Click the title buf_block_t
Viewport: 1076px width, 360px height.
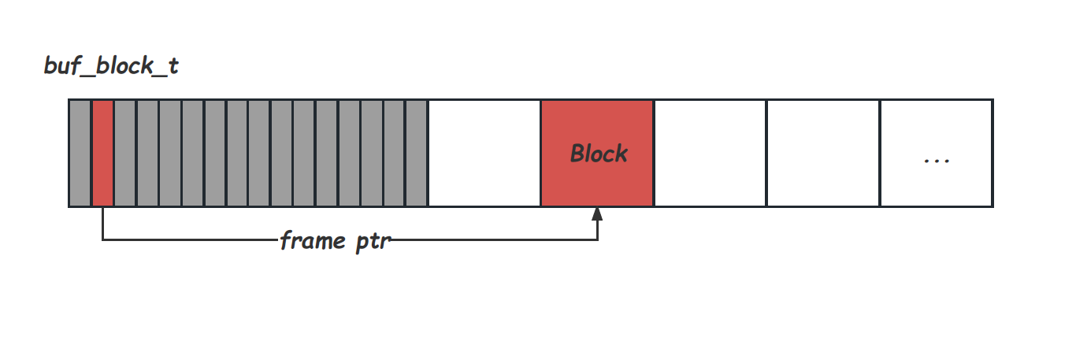click(x=111, y=66)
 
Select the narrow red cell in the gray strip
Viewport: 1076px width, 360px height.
click(x=103, y=153)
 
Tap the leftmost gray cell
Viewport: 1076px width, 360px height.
click(x=80, y=153)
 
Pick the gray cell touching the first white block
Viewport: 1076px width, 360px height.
click(x=416, y=153)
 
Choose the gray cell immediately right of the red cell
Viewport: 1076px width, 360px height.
click(x=125, y=153)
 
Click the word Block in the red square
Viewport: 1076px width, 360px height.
click(x=599, y=153)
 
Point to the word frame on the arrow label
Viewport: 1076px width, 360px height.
click(x=311, y=240)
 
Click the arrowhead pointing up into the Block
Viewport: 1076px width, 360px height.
click(x=597, y=213)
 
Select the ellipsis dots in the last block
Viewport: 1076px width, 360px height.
click(x=936, y=160)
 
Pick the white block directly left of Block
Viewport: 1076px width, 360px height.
click(x=484, y=153)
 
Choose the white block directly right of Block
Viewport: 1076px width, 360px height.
click(x=710, y=153)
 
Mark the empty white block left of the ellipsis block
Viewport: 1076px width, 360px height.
click(x=822, y=153)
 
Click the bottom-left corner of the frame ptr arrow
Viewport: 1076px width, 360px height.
click(x=103, y=239)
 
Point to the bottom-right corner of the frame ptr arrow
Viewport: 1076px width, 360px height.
click(x=597, y=239)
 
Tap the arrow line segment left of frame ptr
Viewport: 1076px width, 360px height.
click(x=189, y=239)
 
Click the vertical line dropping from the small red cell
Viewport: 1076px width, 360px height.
click(x=103, y=224)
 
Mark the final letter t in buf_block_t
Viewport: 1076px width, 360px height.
click(x=173, y=66)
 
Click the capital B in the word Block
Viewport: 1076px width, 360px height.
click(x=577, y=153)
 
